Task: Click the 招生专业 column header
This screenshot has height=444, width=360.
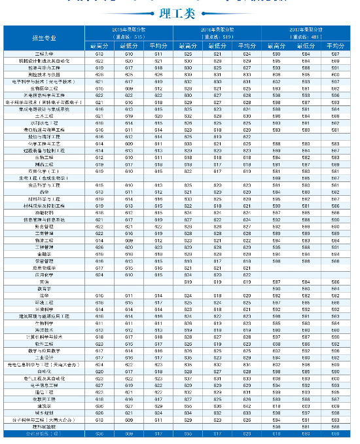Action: click(x=43, y=39)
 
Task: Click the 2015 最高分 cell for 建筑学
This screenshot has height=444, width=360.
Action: click(x=99, y=406)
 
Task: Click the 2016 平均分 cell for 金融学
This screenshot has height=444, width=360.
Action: click(x=246, y=253)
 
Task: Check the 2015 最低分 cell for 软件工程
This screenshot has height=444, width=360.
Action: click(x=128, y=344)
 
